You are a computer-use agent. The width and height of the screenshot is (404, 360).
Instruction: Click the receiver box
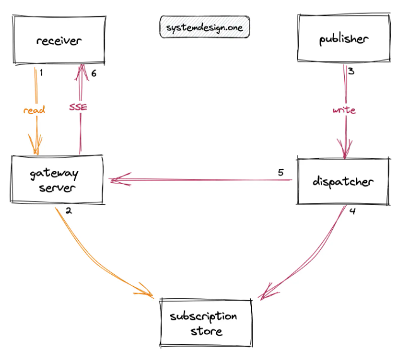click(59, 40)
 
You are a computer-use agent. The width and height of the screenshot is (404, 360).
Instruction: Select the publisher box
click(343, 38)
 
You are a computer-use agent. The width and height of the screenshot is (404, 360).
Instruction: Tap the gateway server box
click(57, 179)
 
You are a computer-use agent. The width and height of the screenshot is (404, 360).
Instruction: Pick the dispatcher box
click(343, 181)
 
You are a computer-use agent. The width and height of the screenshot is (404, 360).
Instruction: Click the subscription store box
click(205, 323)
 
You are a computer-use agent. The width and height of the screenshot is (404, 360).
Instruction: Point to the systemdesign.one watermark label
click(205, 27)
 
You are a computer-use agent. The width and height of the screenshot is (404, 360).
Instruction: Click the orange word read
click(34, 110)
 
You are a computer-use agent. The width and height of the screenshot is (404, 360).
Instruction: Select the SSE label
click(78, 107)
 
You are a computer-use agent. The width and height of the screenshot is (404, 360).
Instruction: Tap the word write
click(344, 110)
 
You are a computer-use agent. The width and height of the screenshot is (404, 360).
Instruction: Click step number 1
click(41, 73)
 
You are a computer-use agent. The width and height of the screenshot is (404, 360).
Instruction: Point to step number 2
click(69, 211)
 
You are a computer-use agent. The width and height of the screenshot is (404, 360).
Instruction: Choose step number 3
click(351, 71)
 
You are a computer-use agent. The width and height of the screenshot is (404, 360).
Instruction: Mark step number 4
click(352, 211)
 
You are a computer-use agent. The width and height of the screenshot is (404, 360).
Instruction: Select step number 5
click(281, 172)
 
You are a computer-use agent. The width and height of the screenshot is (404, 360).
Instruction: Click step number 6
click(94, 73)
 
